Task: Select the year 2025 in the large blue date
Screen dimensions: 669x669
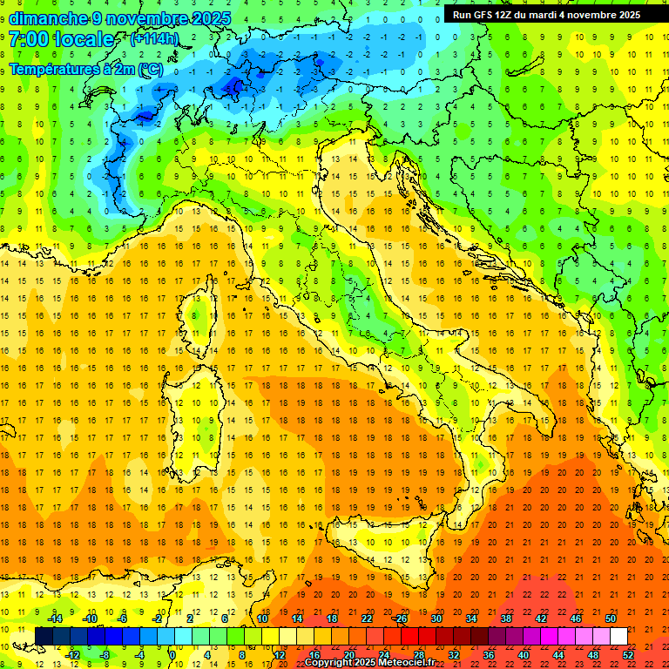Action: coord(207,18)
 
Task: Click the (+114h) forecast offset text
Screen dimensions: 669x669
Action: coord(155,39)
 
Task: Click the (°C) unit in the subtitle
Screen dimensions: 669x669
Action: coord(150,68)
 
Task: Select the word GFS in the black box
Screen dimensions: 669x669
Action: coord(484,15)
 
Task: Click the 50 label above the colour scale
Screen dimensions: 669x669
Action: coord(611,618)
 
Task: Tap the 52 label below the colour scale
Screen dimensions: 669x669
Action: coord(628,655)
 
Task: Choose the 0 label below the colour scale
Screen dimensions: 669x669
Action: coord(172,655)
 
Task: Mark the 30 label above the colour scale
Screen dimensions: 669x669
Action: coord(436,618)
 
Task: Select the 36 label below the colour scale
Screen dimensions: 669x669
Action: coord(489,655)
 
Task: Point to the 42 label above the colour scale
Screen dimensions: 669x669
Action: coord(541,618)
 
